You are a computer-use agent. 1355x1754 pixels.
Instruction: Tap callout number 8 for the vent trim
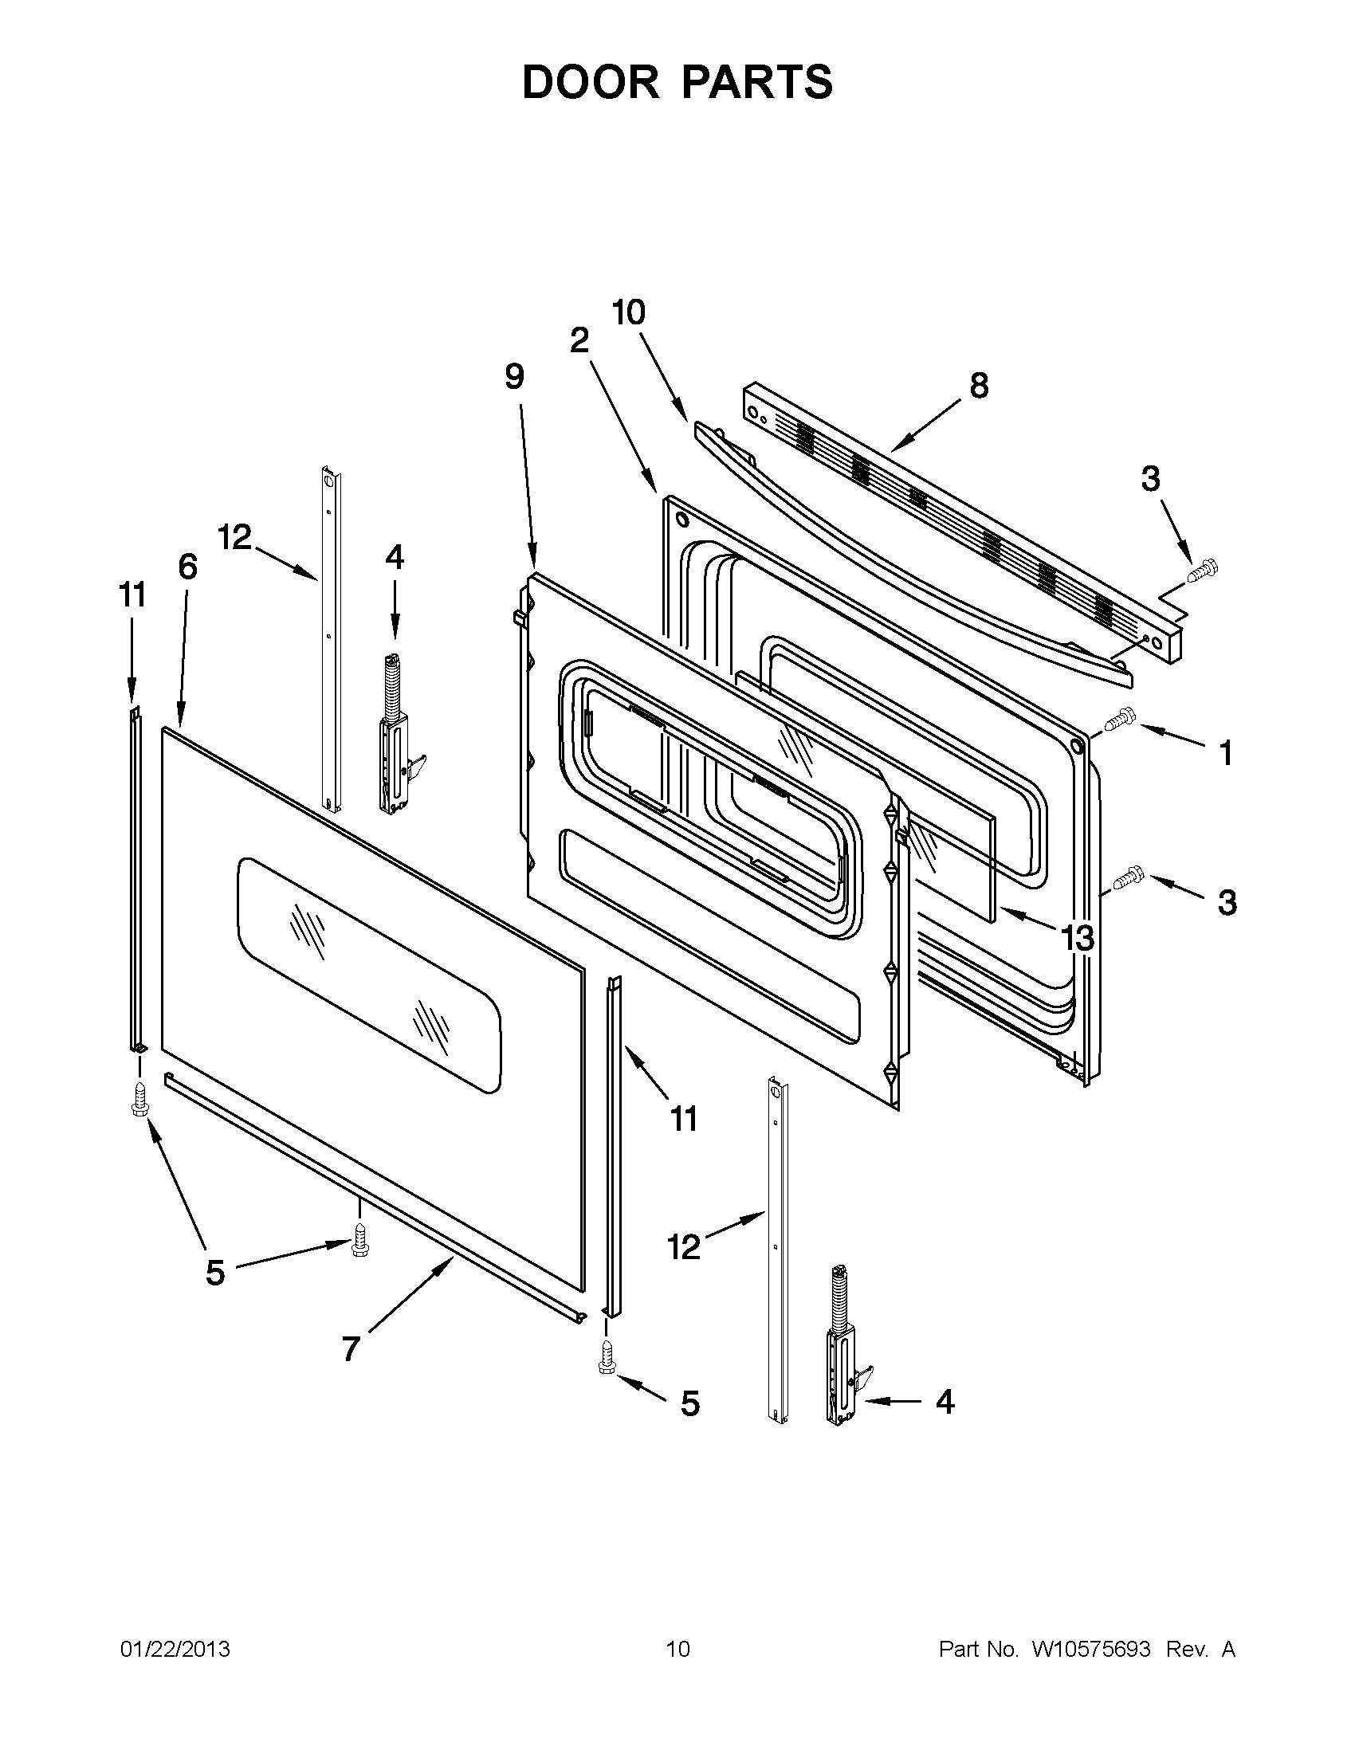pos(978,387)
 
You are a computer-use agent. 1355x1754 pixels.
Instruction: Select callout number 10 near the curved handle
pos(628,312)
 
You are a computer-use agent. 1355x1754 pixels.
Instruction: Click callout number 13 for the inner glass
pos(1077,936)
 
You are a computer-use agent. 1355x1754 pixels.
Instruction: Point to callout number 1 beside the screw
pos(1225,753)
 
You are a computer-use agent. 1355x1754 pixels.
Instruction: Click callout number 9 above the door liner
pos(515,376)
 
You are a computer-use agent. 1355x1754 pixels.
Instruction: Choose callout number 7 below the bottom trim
pos(350,1348)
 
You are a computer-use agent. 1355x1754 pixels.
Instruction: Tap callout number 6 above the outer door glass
pos(187,567)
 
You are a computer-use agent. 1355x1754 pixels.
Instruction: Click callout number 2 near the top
pos(579,340)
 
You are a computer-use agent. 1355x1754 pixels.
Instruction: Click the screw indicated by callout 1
pos(1119,719)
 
